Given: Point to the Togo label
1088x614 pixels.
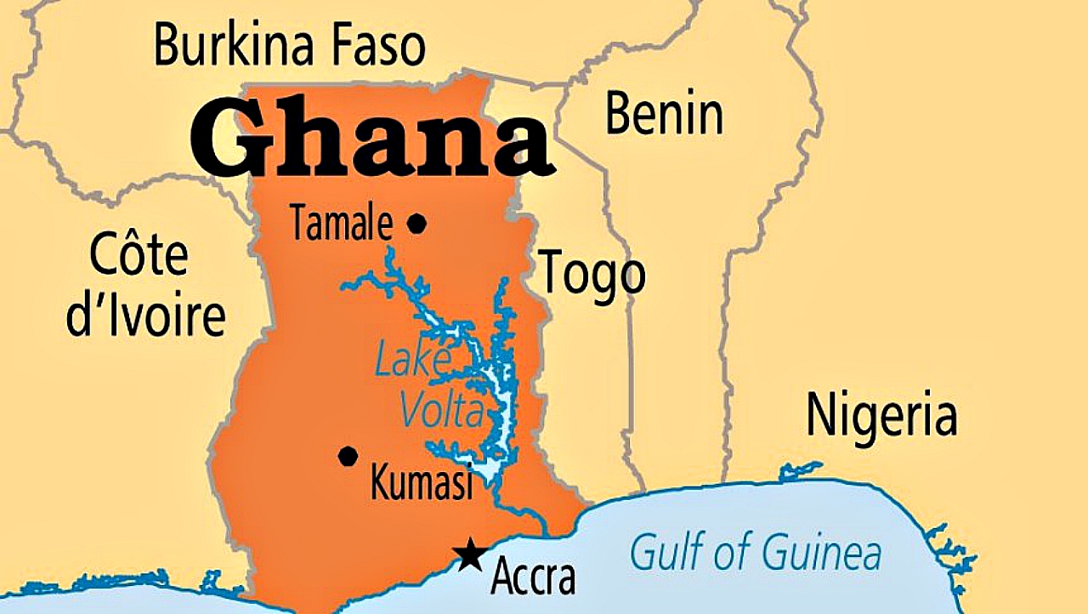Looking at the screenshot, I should (592, 274).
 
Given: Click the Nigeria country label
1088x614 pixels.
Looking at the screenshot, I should (881, 416).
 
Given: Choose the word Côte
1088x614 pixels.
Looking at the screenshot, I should (139, 254).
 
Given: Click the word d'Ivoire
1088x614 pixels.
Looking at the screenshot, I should (146, 316).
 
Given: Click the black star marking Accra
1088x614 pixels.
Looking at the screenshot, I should (468, 555).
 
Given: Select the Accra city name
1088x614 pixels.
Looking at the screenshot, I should (533, 578).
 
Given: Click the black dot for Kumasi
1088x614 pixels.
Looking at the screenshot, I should (348, 457).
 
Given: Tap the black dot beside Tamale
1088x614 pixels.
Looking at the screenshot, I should (416, 225).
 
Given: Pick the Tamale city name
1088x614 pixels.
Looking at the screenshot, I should (342, 225).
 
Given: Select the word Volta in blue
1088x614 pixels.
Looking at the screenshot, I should (442, 412).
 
